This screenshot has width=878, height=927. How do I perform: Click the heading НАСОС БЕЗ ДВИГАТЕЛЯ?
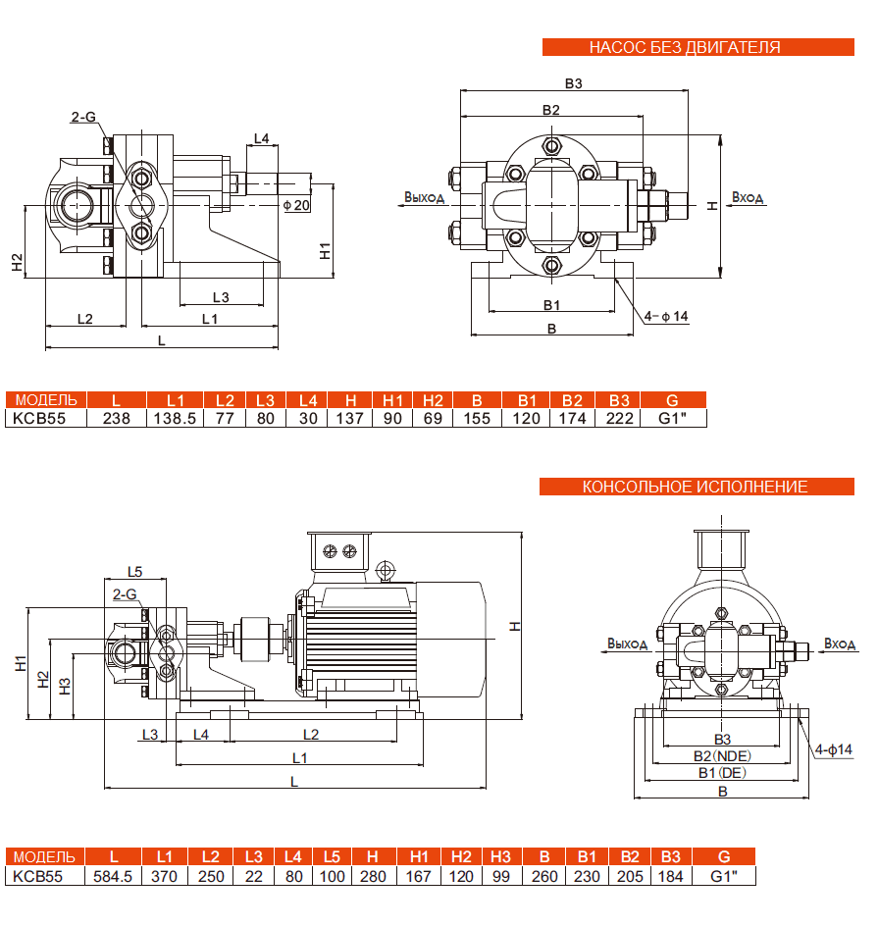point(685,46)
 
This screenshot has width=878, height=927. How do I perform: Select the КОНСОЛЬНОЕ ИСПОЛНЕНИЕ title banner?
point(695,487)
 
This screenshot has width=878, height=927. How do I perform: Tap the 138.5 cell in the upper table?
point(176,418)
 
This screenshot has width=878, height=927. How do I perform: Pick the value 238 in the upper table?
point(117,418)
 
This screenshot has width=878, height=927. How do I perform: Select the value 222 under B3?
point(618,418)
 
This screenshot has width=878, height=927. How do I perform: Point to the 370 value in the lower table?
point(165,876)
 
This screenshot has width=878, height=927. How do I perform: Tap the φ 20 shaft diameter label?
point(295,205)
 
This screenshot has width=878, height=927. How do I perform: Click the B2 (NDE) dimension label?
point(721,756)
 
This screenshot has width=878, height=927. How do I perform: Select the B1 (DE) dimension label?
point(721,773)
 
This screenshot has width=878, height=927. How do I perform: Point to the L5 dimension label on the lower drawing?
point(135,572)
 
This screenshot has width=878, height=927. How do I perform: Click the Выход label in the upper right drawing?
point(424,197)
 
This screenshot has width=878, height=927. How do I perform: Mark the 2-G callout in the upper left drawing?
point(83,117)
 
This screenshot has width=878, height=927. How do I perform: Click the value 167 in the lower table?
point(419,876)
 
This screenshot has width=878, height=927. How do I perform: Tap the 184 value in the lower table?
point(671,876)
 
